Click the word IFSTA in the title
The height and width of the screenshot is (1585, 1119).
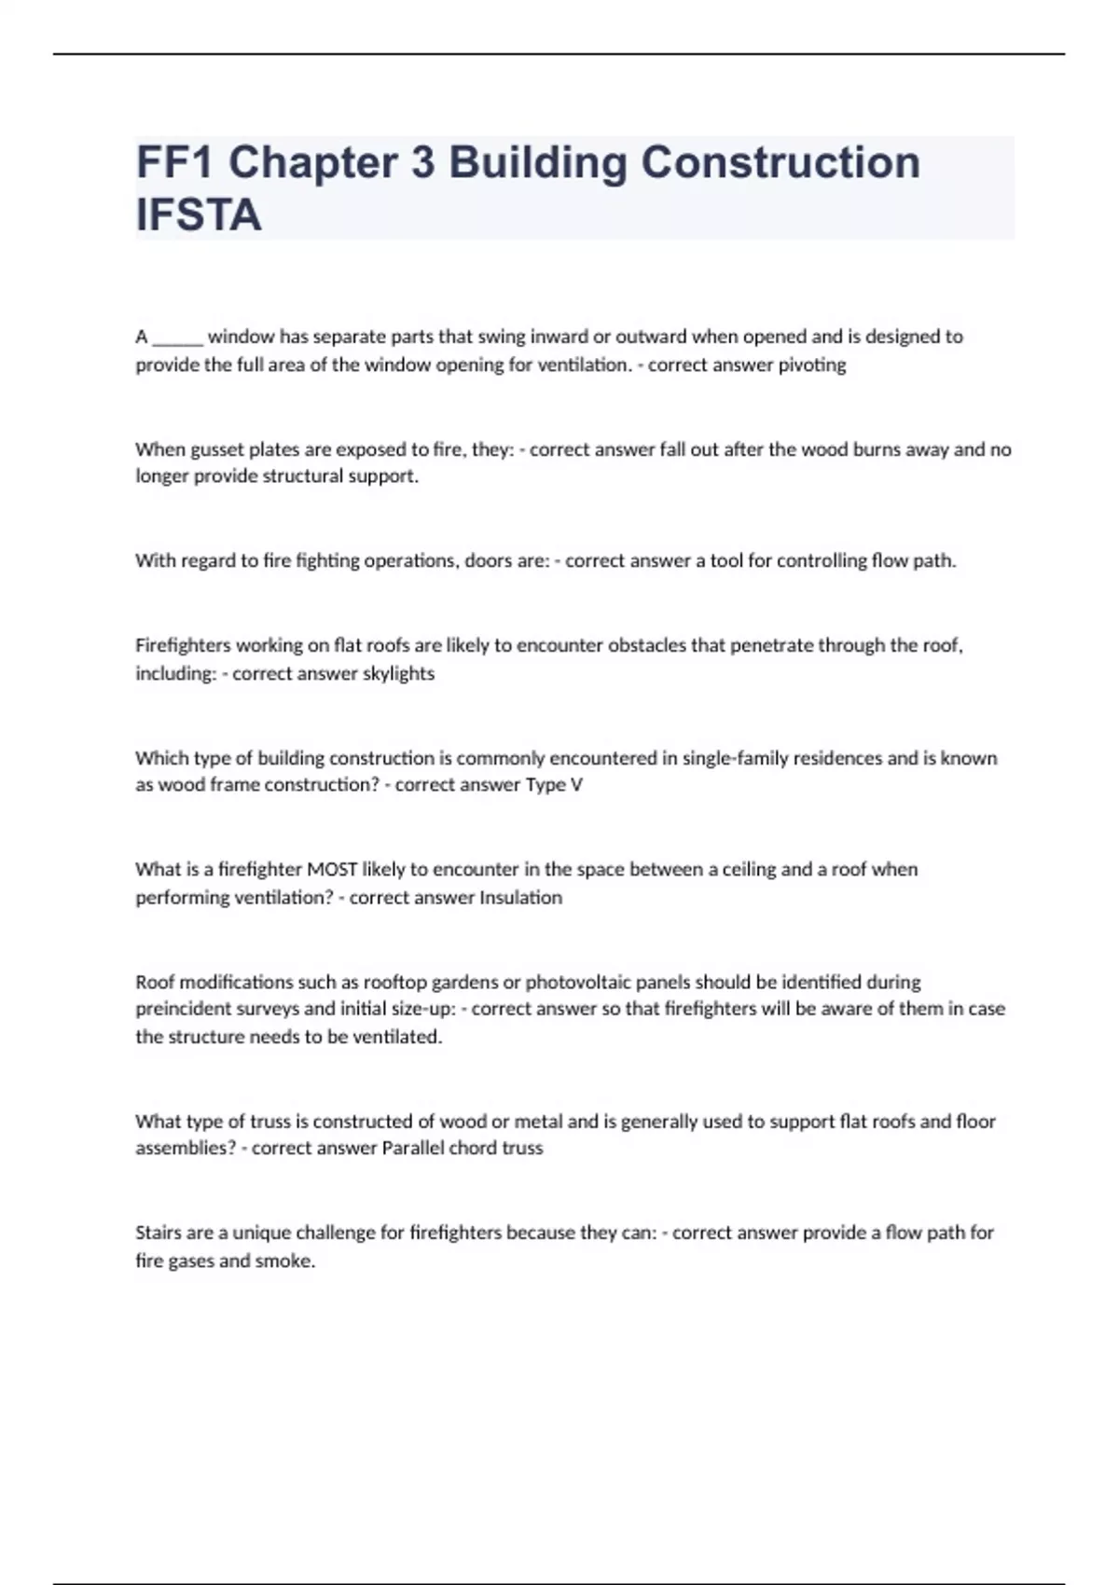click(199, 214)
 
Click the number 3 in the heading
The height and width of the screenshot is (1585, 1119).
click(422, 162)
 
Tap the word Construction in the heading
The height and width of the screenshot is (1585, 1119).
click(780, 162)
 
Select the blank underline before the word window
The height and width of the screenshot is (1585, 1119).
click(177, 338)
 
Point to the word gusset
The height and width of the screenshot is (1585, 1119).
click(217, 450)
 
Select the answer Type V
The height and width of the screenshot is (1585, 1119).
click(554, 785)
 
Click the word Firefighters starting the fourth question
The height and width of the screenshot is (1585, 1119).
click(183, 645)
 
